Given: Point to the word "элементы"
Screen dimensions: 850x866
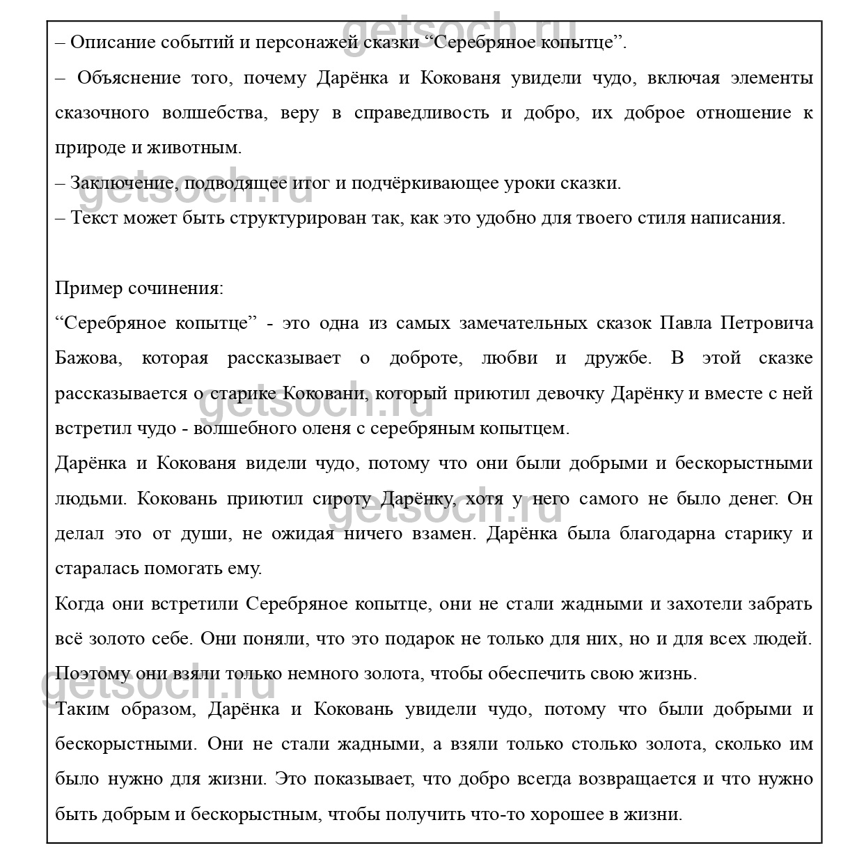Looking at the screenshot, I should (x=773, y=78).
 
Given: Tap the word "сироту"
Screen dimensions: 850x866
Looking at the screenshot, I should (x=343, y=499).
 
